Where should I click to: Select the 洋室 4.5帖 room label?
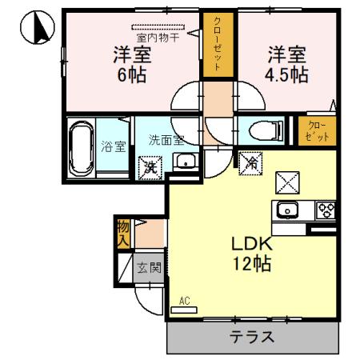coord(286,65)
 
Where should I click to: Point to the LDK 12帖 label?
coord(253,253)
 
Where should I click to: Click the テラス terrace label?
coord(252,337)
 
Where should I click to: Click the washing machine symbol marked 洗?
coord(149,168)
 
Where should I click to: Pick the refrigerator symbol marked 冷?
coord(250,164)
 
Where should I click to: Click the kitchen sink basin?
coord(286,211)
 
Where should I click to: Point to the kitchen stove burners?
coord(326,211)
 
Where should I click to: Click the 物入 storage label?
coord(123,232)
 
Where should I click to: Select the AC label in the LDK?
coord(184,302)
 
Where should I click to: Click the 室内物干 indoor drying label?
coord(157,35)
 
